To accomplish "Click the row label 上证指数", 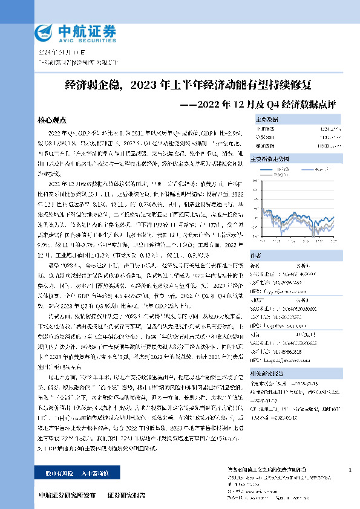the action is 265,129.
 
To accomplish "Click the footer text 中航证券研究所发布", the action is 67,496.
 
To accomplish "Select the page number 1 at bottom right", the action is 350,470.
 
